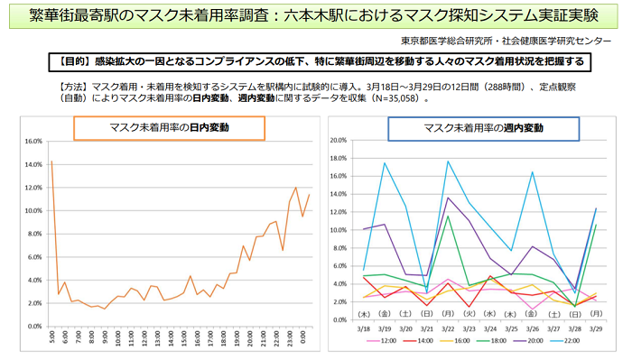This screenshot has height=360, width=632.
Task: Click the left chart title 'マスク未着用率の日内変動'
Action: tap(169, 128)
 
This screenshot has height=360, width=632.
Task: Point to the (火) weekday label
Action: tap(468, 313)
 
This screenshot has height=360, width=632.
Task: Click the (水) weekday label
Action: tap(489, 313)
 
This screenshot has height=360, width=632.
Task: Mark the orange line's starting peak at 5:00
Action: tap(51, 161)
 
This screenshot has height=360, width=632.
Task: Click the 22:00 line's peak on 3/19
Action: tap(385, 163)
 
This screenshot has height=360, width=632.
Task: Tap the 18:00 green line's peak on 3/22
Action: tap(448, 216)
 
